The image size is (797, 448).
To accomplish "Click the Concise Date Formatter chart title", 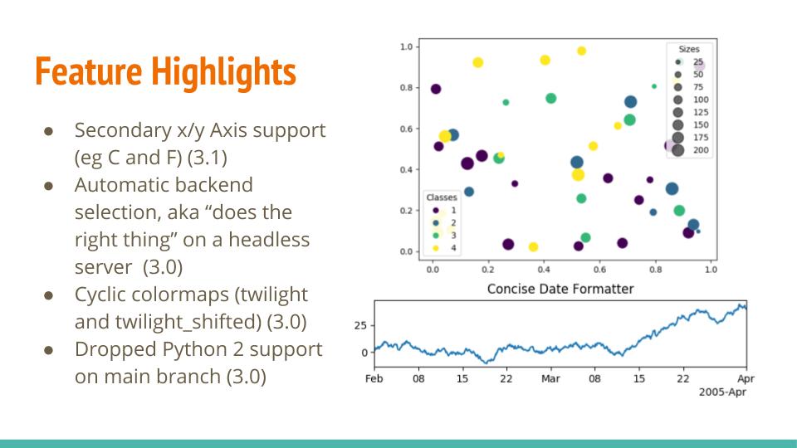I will pos(560,289).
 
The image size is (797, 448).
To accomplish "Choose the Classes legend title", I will pos(441,197).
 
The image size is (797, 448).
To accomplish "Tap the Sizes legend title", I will pos(688,50).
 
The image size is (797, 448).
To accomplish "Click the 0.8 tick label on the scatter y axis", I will pos(407,87).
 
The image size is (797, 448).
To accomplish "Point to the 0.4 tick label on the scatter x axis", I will pos(543,269).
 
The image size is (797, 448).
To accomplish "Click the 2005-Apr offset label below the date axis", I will pos(722,390).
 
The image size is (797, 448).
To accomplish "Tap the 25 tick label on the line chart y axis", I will pos(360,325).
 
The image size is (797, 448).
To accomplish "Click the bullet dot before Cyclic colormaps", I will pos(49,295).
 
